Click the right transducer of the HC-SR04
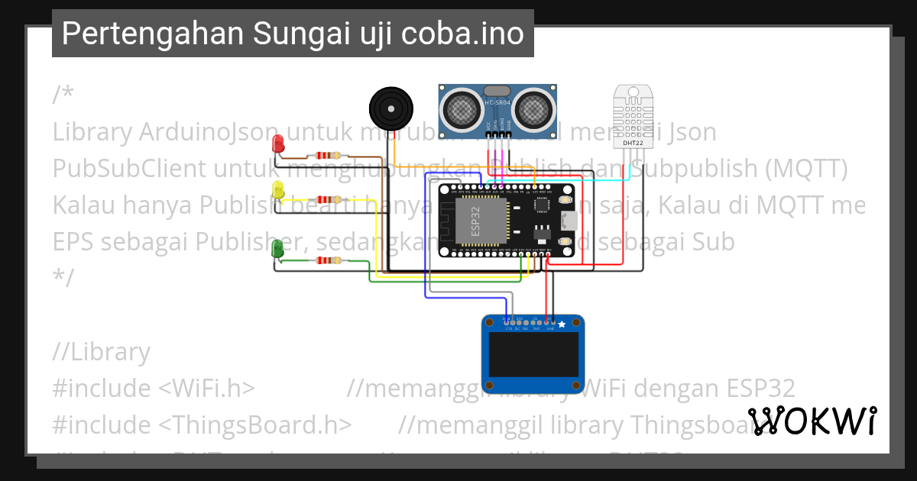(x=532, y=107)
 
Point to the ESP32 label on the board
(x=475, y=218)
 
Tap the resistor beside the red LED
(x=329, y=156)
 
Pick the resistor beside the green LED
(x=329, y=260)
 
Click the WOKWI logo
(x=812, y=421)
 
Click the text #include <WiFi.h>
(x=154, y=388)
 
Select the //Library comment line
(x=102, y=352)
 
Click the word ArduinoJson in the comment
(x=198, y=132)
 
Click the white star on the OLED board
(x=562, y=324)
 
